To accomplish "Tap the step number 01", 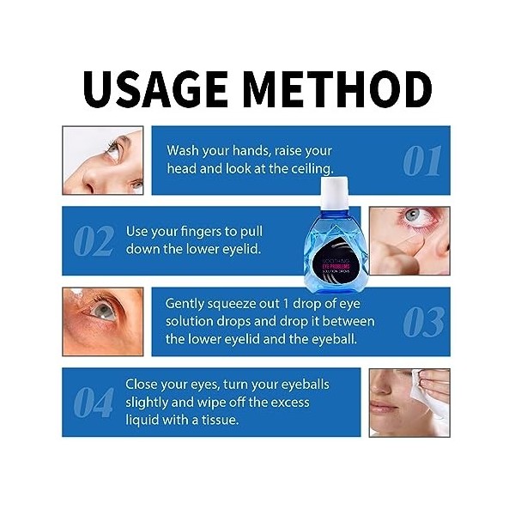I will (x=421, y=161).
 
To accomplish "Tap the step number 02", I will (x=93, y=242).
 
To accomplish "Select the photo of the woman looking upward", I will (x=103, y=160).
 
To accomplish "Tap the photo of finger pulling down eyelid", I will (x=409, y=240).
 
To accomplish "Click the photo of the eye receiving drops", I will (x=103, y=320).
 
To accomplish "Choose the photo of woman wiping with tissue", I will (x=409, y=402).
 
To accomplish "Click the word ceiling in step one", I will (x=309, y=169).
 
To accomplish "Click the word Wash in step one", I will (x=184, y=150).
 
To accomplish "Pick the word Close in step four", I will (x=144, y=384).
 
